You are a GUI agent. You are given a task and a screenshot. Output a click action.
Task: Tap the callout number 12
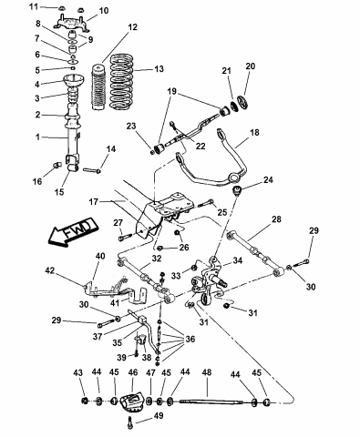[x=132, y=28]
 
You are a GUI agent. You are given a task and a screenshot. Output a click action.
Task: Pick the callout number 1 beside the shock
[x=37, y=137]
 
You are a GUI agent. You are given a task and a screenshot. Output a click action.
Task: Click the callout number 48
[x=206, y=373]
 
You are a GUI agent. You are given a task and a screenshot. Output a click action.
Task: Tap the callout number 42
[x=52, y=269]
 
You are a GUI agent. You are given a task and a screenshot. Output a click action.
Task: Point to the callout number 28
[x=276, y=219]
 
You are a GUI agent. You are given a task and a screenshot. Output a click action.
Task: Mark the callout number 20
[x=251, y=66]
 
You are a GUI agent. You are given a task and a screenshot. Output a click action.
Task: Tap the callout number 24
[x=267, y=180]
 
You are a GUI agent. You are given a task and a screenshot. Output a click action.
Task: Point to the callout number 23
[x=132, y=127]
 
